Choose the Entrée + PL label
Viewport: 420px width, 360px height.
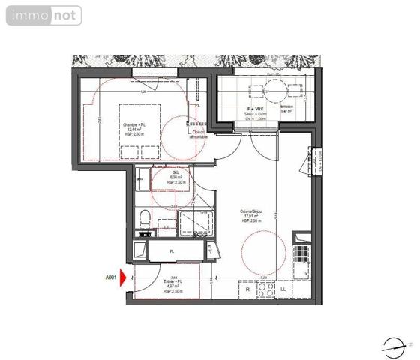click(x=173, y=286)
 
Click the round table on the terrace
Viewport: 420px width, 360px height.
click(x=275, y=92)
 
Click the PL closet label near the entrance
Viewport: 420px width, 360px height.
click(x=172, y=251)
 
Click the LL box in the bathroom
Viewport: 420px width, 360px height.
click(x=166, y=228)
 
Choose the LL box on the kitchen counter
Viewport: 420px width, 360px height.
click(x=283, y=289)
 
